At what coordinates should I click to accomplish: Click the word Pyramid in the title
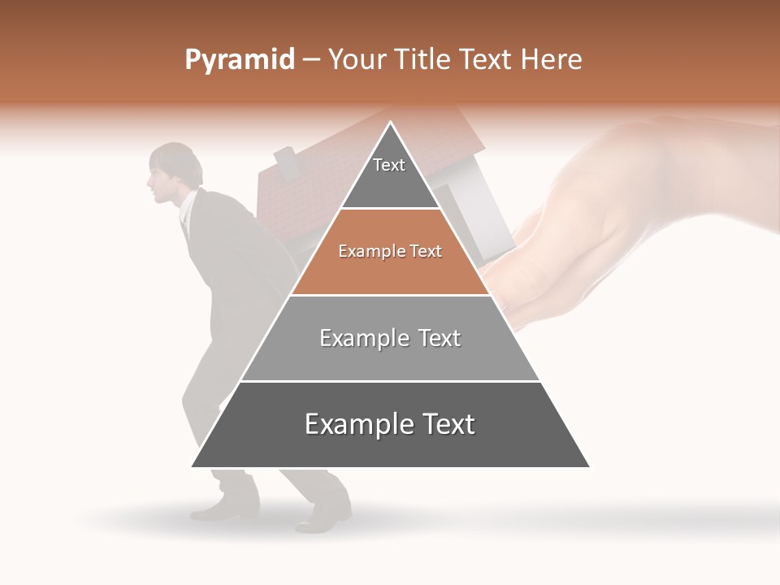239,60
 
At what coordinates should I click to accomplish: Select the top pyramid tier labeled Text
389,171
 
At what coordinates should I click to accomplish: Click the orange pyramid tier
390,252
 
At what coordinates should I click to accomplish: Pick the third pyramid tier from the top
390,338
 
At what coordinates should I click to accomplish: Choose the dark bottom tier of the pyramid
390,425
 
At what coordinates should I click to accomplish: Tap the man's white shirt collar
188,208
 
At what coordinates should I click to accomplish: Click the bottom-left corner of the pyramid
193,466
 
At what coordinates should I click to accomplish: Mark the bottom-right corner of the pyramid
588,466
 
